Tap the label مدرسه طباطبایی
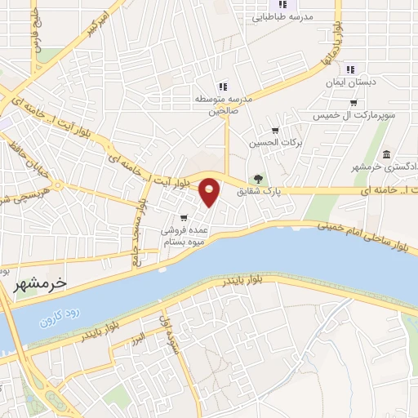(x=282, y=16)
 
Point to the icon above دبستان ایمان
(x=351, y=70)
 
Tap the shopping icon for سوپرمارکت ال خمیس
(x=353, y=103)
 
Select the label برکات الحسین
(x=275, y=142)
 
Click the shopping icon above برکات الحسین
(x=275, y=129)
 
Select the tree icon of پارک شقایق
(x=258, y=179)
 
